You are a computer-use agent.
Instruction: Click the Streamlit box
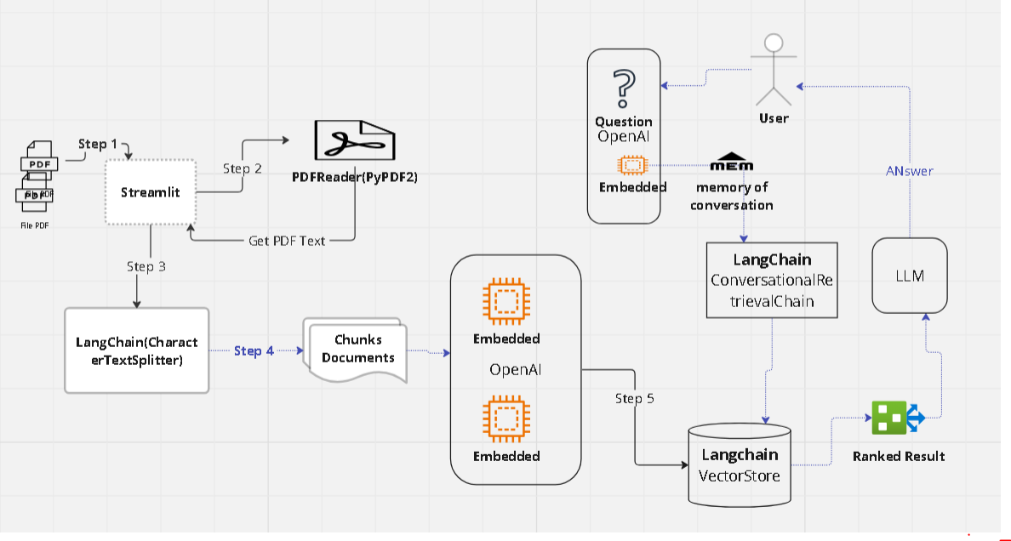pyautogui.click(x=150, y=192)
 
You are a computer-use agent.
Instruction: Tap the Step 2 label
pyautogui.click(x=242, y=168)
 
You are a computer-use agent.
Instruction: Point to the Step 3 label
pyautogui.click(x=146, y=266)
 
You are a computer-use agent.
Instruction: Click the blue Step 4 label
pyautogui.click(x=254, y=350)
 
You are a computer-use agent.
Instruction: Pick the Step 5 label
pyautogui.click(x=635, y=398)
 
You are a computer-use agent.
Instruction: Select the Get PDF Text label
pyautogui.click(x=287, y=241)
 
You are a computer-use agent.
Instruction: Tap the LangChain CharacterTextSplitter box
pyautogui.click(x=136, y=350)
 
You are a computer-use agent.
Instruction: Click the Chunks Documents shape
pyautogui.click(x=357, y=349)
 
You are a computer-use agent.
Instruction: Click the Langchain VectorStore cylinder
pyautogui.click(x=739, y=466)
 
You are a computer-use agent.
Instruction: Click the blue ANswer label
pyautogui.click(x=908, y=171)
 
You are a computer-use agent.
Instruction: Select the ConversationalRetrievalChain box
pyautogui.click(x=772, y=280)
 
